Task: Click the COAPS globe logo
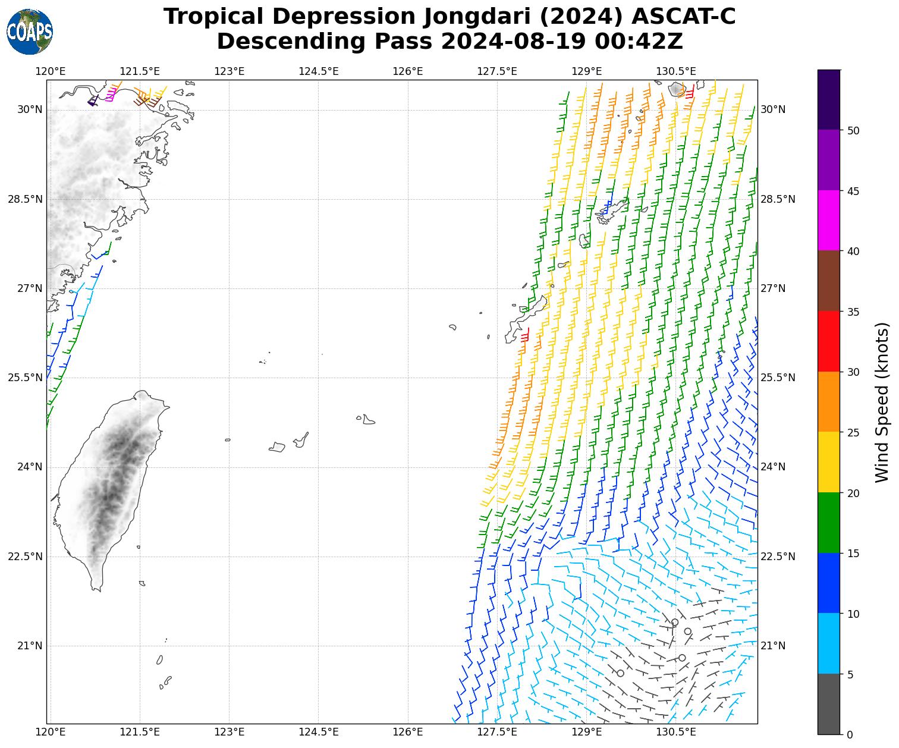(x=30, y=32)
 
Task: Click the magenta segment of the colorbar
(x=829, y=221)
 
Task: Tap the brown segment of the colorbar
(x=829, y=281)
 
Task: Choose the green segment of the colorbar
(x=829, y=523)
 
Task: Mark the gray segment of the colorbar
(x=829, y=704)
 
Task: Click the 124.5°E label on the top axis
(x=318, y=72)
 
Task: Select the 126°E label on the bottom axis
(x=408, y=731)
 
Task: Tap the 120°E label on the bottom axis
(x=51, y=731)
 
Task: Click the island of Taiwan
(x=107, y=488)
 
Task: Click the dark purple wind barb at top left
(x=93, y=102)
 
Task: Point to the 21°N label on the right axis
(x=773, y=646)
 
